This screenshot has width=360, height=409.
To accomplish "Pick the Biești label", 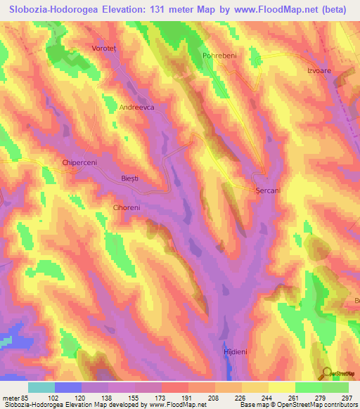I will coord(130,179).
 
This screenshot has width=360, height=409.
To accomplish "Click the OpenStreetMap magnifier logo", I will coord(327,372).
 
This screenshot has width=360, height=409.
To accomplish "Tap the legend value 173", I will coord(160,397).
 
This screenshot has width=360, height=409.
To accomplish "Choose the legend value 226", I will coord(241,397).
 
